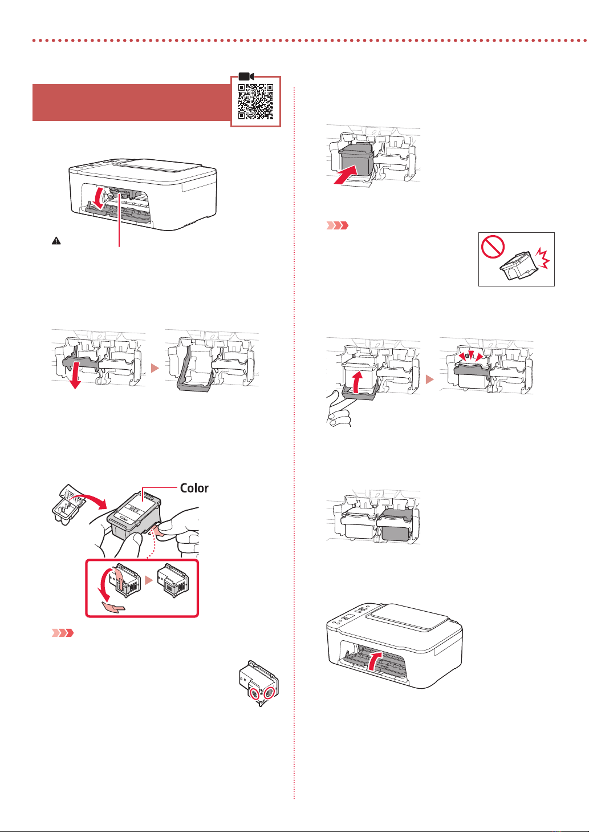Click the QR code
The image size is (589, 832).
pyautogui.click(x=255, y=101)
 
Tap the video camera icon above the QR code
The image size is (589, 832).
pyautogui.click(x=246, y=76)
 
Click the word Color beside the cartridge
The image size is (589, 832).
pyautogui.click(x=194, y=488)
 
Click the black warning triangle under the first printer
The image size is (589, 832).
pyautogui.click(x=56, y=241)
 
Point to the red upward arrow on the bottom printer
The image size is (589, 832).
pyautogui.click(x=373, y=663)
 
